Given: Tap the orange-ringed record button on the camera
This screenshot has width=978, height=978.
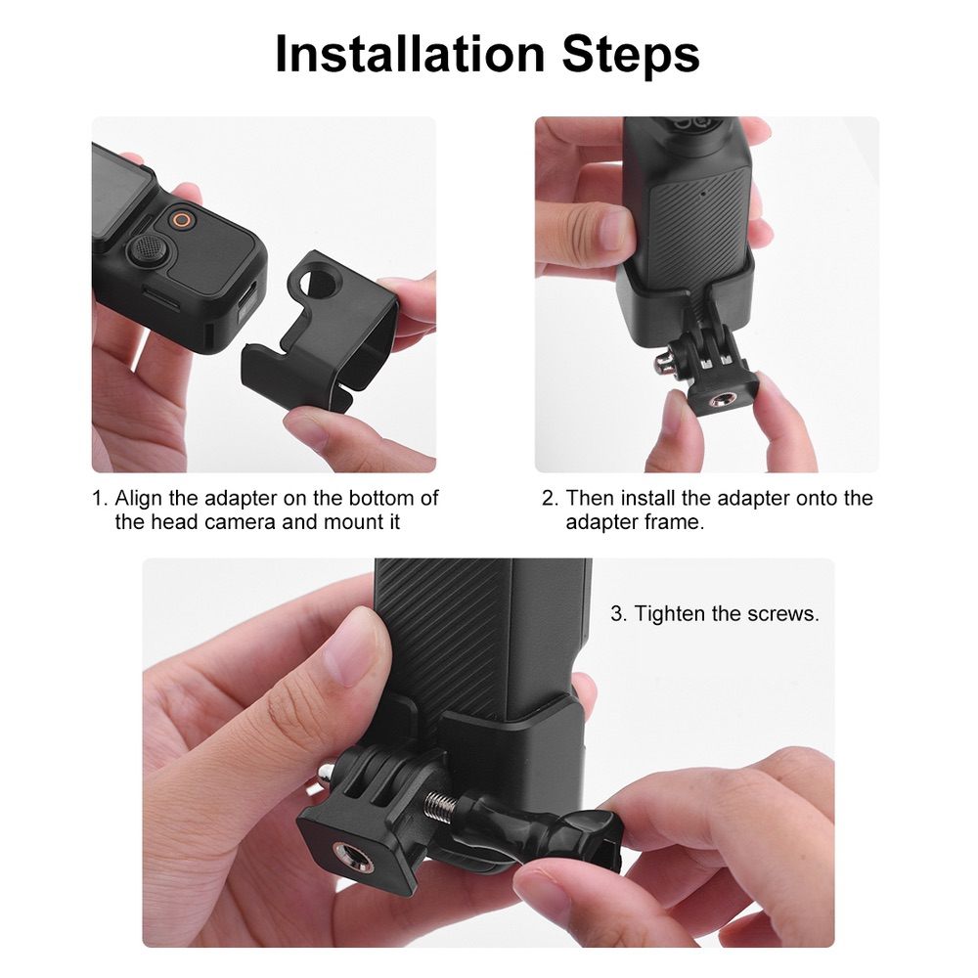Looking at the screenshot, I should (179, 220).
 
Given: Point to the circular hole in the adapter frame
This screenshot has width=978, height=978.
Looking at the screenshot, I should (320, 282).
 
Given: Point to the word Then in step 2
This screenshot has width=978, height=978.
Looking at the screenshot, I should (590, 498).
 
